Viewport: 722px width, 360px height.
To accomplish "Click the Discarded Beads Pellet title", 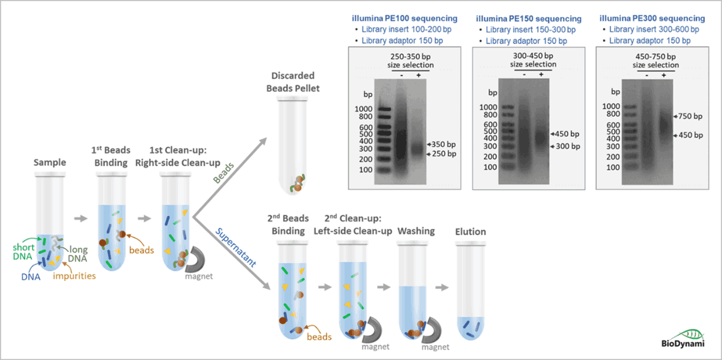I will coord(293,82).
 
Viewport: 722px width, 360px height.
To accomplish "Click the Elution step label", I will coord(470,231).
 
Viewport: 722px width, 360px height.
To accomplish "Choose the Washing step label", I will coord(416,231).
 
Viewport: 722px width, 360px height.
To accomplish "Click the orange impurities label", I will coord(75,275).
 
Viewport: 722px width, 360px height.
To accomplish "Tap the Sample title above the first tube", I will coord(50,162).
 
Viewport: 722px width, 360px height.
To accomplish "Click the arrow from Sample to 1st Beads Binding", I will coord(81,218).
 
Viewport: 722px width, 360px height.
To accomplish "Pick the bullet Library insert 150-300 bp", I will coord(531,29).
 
